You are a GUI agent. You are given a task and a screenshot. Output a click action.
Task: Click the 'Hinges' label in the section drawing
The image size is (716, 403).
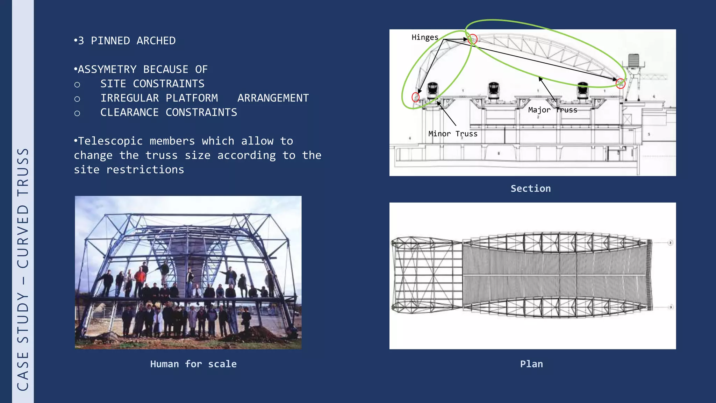(x=424, y=37)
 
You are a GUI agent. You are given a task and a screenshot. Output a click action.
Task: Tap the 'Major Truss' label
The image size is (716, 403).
(x=552, y=110)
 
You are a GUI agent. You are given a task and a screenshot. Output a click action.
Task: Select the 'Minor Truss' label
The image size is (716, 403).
(x=453, y=134)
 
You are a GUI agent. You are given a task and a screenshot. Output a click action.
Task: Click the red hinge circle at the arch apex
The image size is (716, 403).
(x=472, y=39)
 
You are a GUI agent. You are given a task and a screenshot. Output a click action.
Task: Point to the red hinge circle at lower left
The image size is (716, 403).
(x=415, y=97)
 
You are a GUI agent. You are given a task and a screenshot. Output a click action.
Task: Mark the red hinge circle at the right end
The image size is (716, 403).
(x=620, y=84)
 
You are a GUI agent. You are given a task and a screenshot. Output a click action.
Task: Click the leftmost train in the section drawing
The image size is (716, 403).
(x=433, y=89)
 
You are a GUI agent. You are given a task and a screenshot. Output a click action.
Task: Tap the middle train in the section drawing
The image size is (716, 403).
(x=494, y=89)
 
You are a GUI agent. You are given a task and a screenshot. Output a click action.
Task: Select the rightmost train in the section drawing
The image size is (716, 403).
(x=582, y=89)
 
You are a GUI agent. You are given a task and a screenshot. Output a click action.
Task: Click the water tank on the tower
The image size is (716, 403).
(x=633, y=60)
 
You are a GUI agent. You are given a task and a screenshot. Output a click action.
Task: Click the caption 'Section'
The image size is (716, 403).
(x=530, y=189)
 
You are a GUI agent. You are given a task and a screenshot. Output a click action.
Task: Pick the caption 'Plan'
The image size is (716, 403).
(x=531, y=364)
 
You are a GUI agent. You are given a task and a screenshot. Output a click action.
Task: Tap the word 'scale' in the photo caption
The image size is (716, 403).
(x=222, y=364)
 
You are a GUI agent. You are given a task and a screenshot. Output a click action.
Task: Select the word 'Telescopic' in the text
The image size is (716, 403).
(x=110, y=141)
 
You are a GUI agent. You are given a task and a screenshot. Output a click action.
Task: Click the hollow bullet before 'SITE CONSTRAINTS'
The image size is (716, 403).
(x=77, y=85)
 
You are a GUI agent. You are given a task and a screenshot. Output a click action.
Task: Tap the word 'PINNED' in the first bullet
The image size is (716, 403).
(x=110, y=41)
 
